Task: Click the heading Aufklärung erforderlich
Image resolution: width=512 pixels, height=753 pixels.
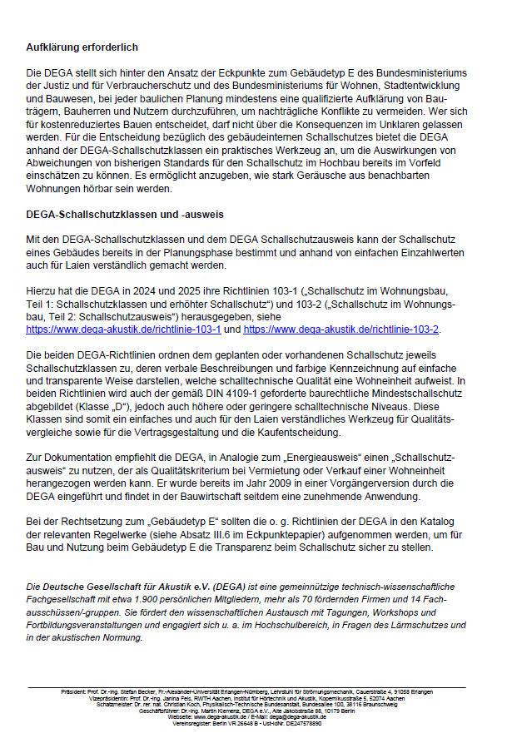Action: tap(82, 47)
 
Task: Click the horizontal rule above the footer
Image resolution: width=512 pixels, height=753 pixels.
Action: tap(256, 686)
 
